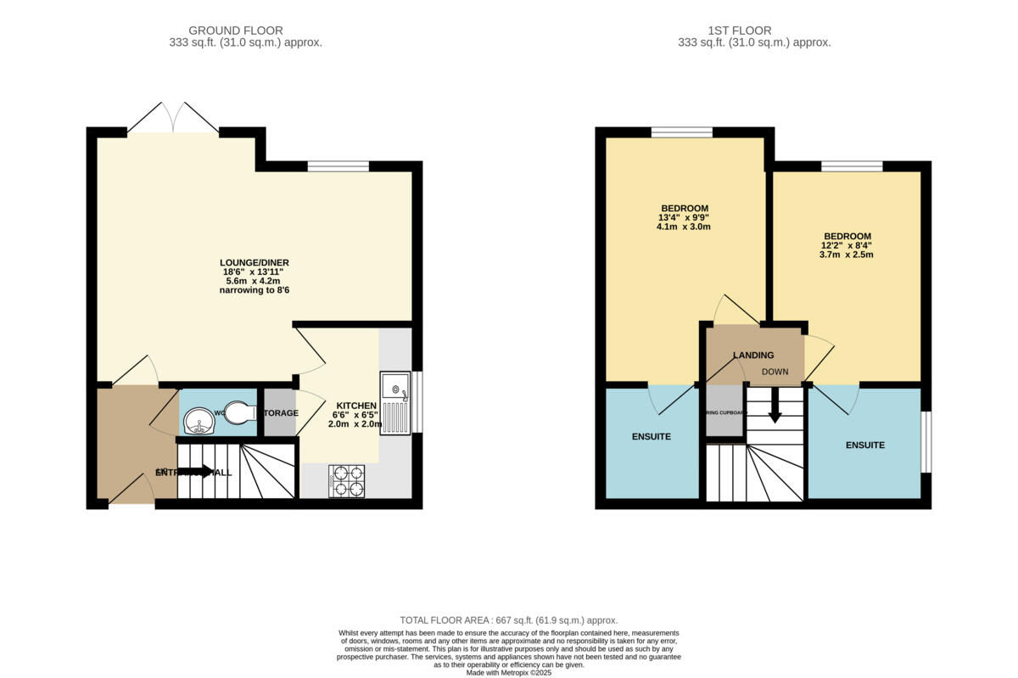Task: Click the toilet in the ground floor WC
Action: tap(241, 412)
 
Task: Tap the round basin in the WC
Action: tap(199, 420)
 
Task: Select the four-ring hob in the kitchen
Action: tap(346, 480)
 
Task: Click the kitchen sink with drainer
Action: tap(394, 403)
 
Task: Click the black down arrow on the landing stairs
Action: tap(775, 412)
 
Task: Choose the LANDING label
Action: tap(753, 355)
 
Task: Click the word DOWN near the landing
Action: tap(775, 372)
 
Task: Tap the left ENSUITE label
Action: tap(651, 437)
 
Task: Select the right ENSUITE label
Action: tap(864, 445)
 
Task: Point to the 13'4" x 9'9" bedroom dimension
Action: tap(684, 217)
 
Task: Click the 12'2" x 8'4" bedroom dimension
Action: tap(847, 245)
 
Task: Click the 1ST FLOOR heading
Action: tap(753, 31)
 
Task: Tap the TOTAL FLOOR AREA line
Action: tap(508, 620)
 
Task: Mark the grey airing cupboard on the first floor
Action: tap(724, 412)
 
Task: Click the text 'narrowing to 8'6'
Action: tap(256, 290)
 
